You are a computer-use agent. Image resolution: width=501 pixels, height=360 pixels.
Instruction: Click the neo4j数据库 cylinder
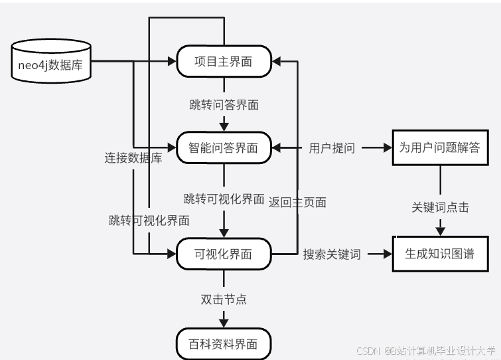click(x=52, y=62)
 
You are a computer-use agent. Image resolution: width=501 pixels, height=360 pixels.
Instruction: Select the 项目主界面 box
click(x=224, y=62)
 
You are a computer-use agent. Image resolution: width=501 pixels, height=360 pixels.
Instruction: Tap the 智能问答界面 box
click(x=224, y=147)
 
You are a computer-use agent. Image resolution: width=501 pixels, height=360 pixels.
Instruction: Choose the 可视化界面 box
click(x=224, y=253)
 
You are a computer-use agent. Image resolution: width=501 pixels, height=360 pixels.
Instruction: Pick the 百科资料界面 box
click(x=224, y=344)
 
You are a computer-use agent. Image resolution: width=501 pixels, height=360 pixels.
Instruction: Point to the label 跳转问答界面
click(x=224, y=104)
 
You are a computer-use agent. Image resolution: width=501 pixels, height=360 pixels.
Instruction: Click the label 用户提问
click(x=332, y=148)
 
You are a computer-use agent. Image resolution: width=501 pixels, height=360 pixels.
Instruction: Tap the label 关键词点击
click(x=441, y=207)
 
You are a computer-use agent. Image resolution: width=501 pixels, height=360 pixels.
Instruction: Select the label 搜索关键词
click(x=332, y=254)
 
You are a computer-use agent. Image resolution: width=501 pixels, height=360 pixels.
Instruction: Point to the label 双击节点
click(x=224, y=299)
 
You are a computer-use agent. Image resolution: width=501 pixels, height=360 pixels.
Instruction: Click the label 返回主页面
click(x=297, y=203)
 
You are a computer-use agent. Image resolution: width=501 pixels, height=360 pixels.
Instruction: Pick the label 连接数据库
click(x=133, y=158)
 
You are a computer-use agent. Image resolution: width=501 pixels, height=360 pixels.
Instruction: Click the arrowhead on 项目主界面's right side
click(x=277, y=62)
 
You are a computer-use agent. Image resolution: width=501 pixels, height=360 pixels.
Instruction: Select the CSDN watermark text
click(x=425, y=351)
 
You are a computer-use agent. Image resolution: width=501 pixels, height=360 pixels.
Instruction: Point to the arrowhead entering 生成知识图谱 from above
click(x=441, y=230)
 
